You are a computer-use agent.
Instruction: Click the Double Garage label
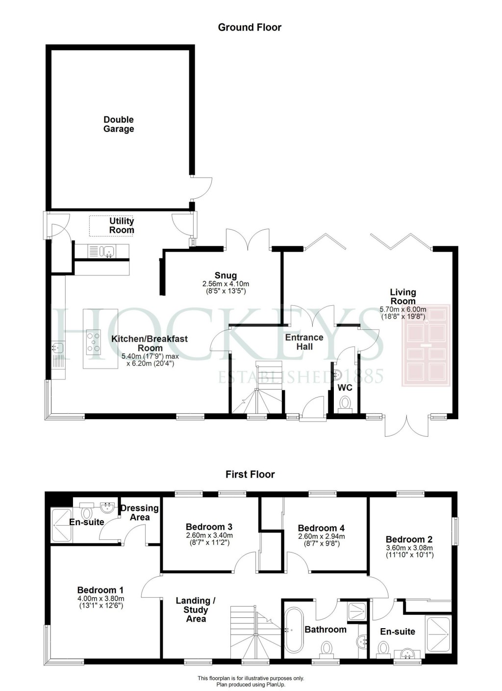click(119, 124)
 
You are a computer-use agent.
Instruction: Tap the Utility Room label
click(122, 226)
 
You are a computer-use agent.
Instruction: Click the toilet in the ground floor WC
click(345, 403)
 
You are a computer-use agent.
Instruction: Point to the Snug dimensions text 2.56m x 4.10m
click(226, 284)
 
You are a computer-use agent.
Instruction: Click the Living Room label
click(402, 296)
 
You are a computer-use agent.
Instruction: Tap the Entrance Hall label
click(304, 342)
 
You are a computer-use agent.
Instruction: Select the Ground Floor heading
click(250, 27)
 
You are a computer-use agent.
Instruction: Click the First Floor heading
click(250, 475)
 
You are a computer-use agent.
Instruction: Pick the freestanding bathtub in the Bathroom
click(294, 630)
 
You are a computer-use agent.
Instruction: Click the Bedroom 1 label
click(100, 590)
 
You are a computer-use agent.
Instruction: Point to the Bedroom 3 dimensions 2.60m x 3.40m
click(209, 535)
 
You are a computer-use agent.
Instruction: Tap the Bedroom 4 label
click(321, 528)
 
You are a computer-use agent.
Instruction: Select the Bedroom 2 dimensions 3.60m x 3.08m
click(409, 548)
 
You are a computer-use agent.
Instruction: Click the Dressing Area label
click(140, 512)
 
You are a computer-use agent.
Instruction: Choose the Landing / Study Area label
click(196, 610)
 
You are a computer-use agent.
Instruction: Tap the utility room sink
click(107, 251)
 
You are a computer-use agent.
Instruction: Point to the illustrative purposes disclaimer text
click(251, 678)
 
